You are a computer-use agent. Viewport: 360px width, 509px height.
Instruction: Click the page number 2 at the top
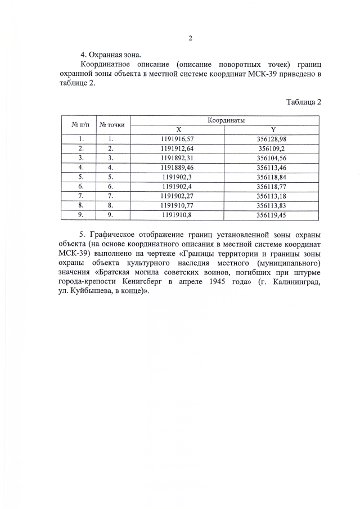coord(190,38)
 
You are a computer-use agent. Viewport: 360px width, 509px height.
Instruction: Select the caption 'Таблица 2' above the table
coord(303,102)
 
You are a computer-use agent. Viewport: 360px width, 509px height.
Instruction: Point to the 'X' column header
coord(177,129)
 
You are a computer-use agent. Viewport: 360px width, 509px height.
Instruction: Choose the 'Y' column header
coord(272,129)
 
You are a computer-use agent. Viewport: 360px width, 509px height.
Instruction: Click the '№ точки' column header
coord(111,125)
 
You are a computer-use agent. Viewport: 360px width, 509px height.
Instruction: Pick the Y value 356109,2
coord(272,148)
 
